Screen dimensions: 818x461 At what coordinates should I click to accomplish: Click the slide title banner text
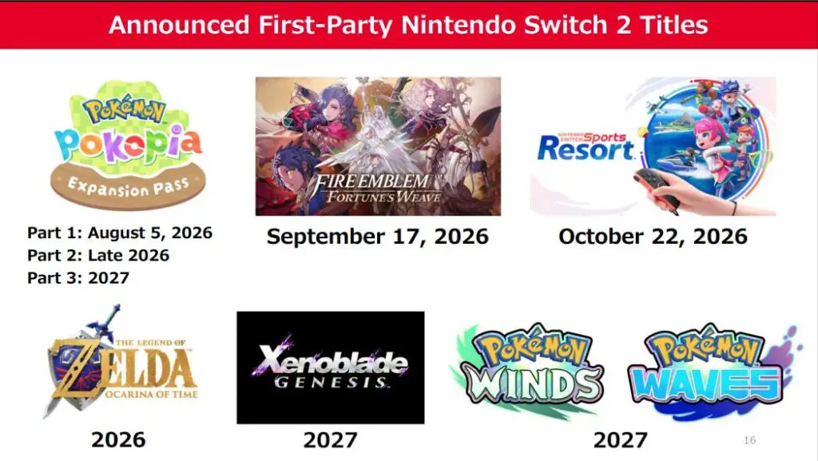point(408,25)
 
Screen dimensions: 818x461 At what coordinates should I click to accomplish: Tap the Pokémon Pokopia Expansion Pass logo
point(129,145)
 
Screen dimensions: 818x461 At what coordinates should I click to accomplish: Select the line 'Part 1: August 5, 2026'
point(120,232)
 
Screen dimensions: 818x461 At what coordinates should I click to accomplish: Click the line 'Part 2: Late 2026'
point(98,255)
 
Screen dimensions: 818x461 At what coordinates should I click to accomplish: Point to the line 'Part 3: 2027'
point(78,278)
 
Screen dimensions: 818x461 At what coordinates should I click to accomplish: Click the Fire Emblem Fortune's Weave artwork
point(378,146)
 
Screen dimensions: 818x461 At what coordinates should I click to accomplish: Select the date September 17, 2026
point(378,236)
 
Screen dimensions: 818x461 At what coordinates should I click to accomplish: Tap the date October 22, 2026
point(653,236)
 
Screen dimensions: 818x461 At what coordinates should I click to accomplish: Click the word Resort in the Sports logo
point(586,149)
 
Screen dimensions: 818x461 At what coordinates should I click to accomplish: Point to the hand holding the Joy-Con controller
point(689,193)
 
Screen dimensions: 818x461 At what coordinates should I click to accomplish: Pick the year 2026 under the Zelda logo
point(118,439)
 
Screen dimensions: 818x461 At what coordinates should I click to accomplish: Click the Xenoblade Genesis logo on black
point(330,368)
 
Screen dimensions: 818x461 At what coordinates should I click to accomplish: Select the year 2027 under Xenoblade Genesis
point(330,440)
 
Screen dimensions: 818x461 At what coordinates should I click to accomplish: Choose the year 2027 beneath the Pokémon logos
point(620,440)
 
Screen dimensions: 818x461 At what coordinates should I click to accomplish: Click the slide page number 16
point(749,440)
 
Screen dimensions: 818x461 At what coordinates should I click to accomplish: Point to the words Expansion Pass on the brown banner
point(129,187)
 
